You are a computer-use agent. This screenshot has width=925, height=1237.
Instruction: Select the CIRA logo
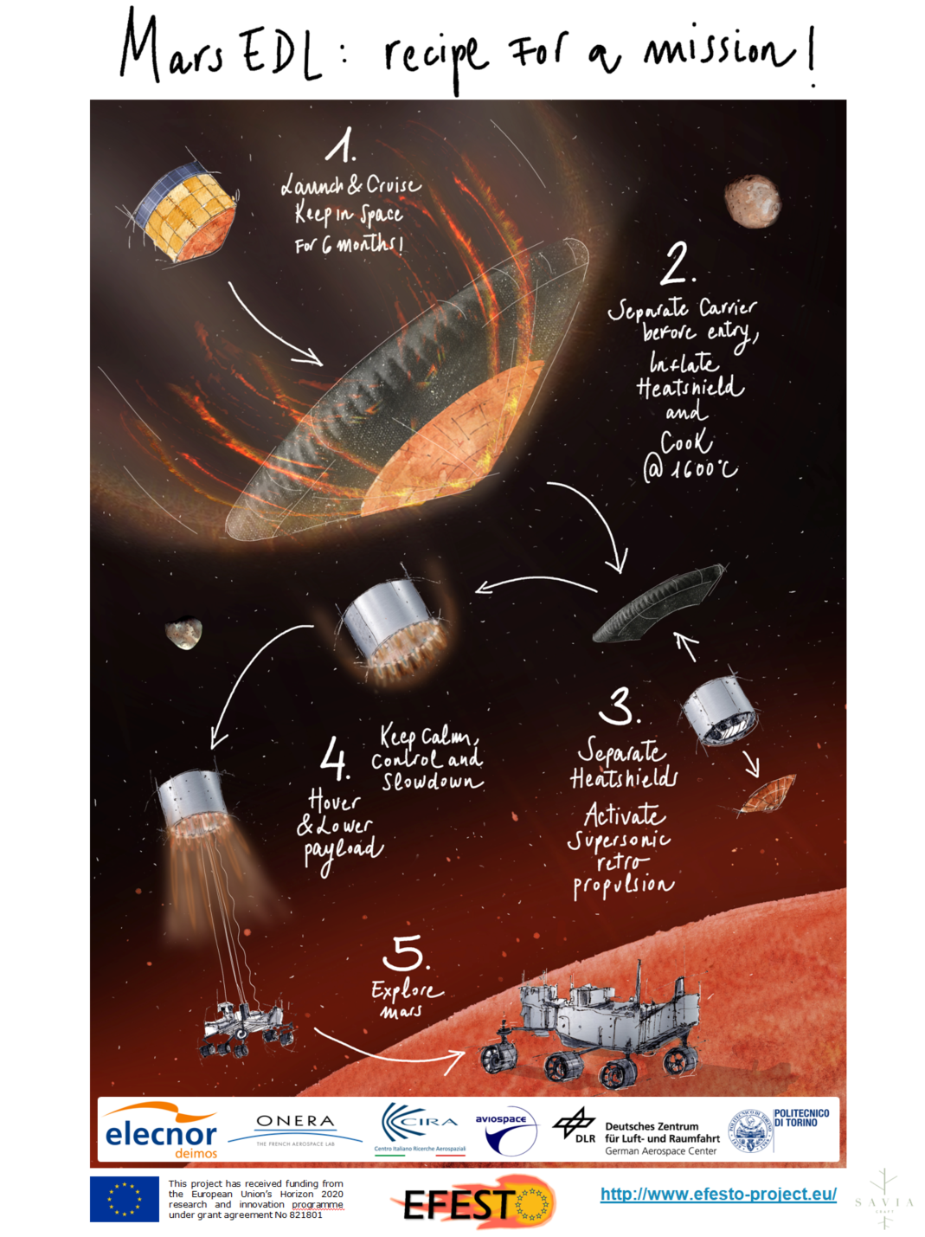(x=420, y=1127)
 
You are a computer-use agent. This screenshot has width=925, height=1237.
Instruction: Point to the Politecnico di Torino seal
(x=750, y=1131)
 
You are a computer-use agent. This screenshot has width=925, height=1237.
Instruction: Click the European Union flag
(x=124, y=1199)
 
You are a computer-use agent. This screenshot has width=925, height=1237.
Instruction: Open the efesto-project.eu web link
(x=718, y=1194)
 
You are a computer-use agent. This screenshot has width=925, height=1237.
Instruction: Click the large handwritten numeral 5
(x=405, y=952)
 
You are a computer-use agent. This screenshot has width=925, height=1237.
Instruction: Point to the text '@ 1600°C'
(x=690, y=468)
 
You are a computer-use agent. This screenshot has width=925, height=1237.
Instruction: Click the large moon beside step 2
(x=752, y=200)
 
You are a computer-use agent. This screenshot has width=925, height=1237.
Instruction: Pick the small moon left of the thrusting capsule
(x=183, y=633)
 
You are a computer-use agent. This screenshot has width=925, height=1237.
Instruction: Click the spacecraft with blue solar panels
(x=183, y=211)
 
